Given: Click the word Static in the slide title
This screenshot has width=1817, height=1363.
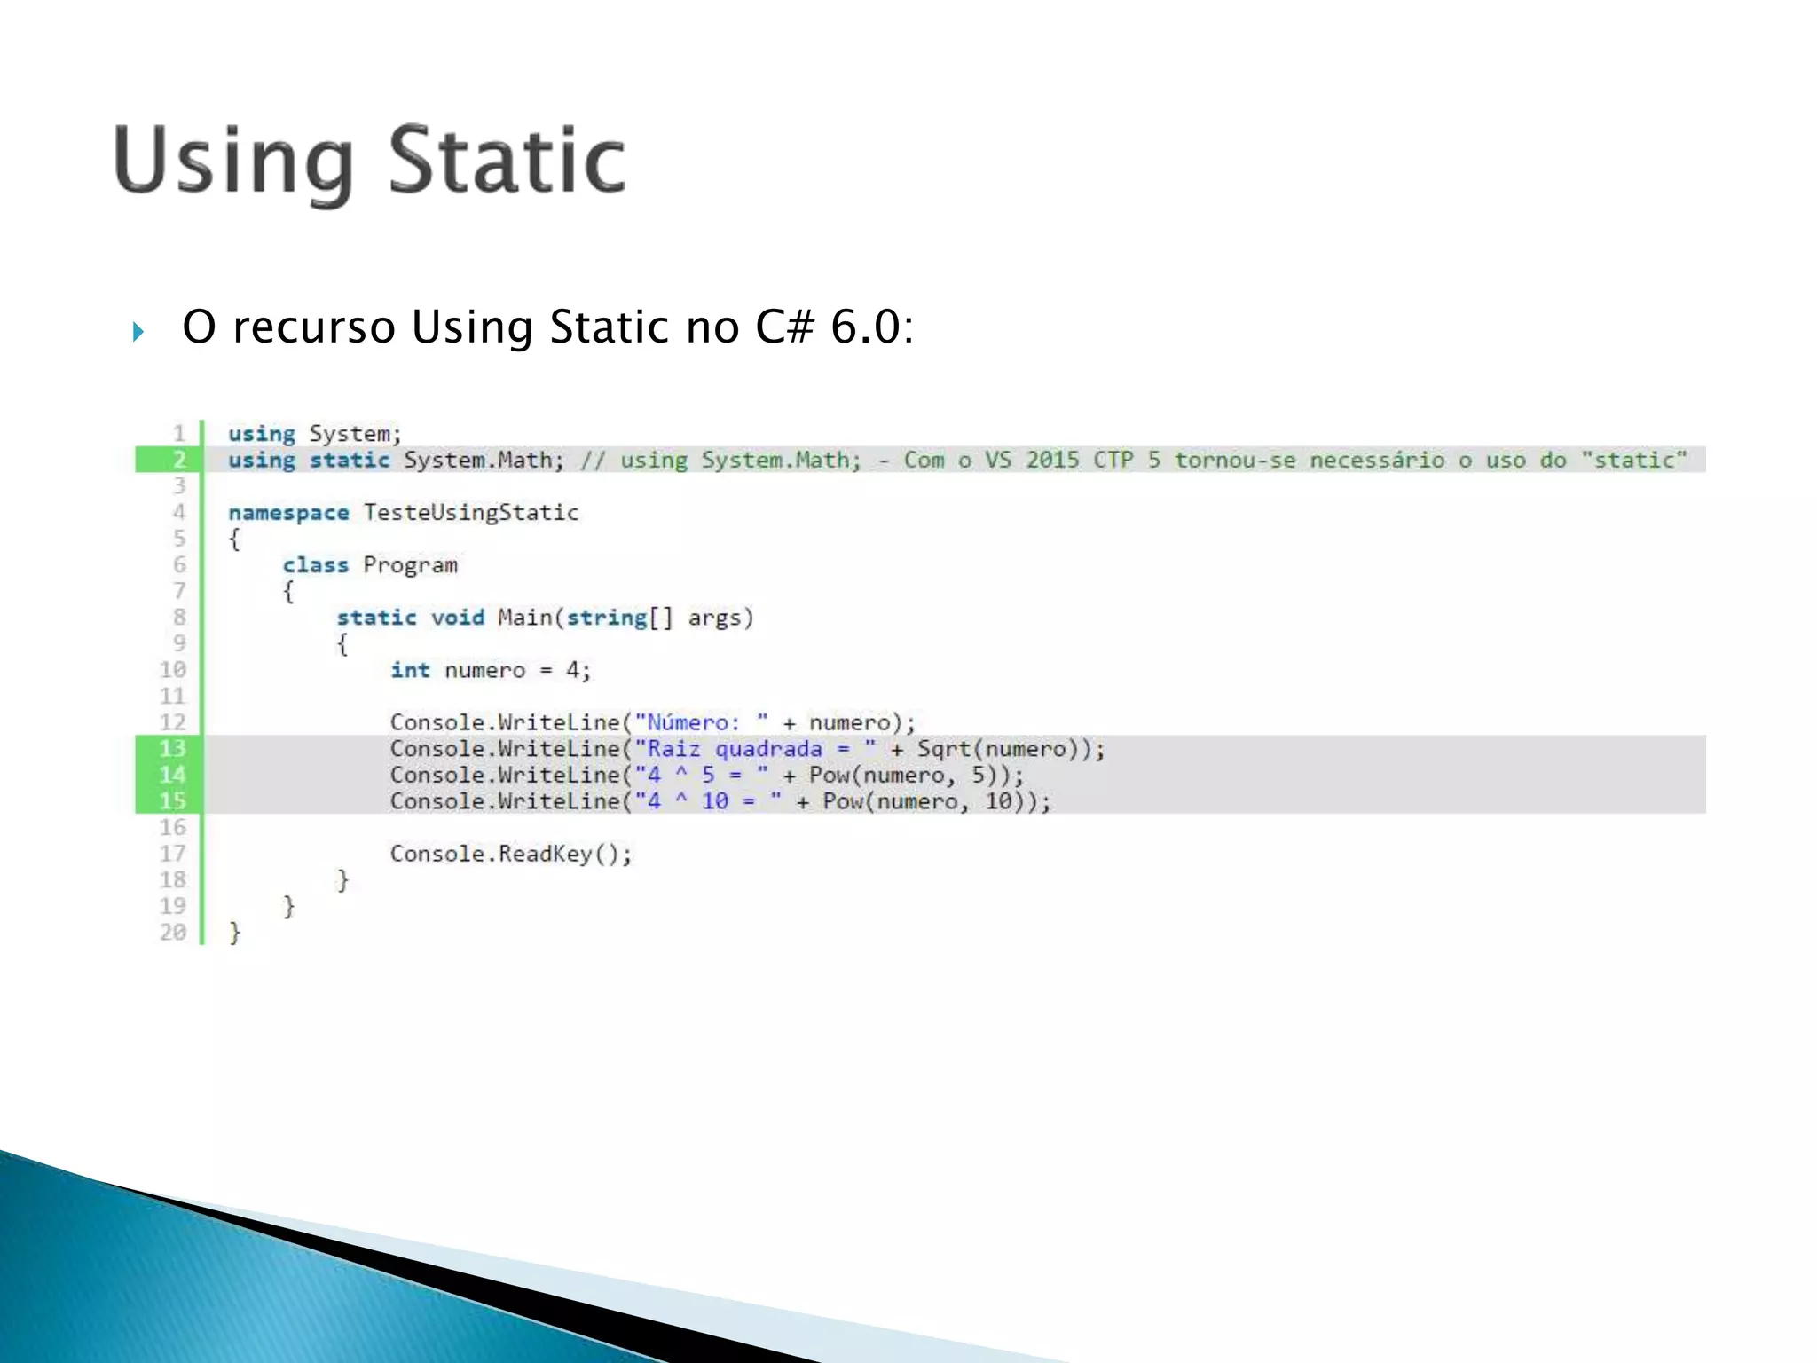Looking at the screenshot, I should (x=507, y=161).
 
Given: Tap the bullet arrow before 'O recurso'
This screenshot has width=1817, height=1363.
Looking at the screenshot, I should (x=138, y=332).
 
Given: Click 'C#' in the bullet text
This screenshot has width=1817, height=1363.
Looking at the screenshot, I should (x=784, y=327).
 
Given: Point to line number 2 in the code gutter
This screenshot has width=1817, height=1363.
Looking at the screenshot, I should (x=179, y=460).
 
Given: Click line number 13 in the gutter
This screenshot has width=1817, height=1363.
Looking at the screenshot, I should (x=172, y=749).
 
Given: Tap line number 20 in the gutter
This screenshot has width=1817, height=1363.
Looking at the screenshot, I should (x=172, y=933).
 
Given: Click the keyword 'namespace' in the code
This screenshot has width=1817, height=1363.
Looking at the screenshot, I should (x=288, y=513).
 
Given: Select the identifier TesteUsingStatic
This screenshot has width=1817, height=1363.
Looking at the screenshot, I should (x=471, y=513).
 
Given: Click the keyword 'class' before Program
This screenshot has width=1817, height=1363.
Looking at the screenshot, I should (x=315, y=565).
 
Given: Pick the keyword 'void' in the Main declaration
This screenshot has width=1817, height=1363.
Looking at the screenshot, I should (x=458, y=618).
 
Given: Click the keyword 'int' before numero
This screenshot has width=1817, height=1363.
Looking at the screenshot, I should (x=410, y=670).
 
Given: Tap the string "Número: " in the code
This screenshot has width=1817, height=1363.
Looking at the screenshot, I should (x=701, y=722).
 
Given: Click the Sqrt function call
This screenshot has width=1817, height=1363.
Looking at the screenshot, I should (x=944, y=749).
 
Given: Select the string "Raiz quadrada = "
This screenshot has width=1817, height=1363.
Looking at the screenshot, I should (x=755, y=749).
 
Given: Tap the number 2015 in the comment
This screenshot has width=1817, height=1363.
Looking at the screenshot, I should (x=1052, y=460).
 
